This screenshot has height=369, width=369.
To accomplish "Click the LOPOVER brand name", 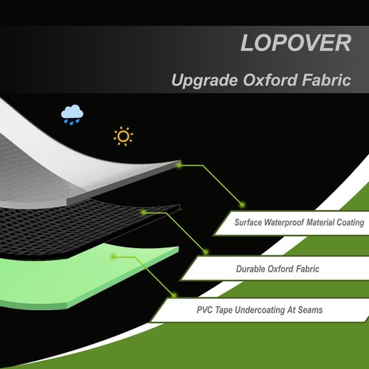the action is pos(296,43).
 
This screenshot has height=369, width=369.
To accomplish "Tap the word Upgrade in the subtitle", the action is pos(204,80).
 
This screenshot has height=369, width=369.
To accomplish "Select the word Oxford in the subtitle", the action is pos(270,80).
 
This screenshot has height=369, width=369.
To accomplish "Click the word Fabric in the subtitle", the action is pos(326,80).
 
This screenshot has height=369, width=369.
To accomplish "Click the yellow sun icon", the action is pos(123,136).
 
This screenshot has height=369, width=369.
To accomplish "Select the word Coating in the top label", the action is pos(351,223).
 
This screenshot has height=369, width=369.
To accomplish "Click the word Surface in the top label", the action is pos(248,222).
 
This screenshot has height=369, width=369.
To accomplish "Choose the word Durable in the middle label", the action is pos(251,269).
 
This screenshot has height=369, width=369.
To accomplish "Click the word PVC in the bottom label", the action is pos(204,310).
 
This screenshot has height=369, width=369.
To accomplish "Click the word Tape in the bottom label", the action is pos(224,310).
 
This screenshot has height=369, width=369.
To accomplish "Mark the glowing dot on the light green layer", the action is pos(114,257).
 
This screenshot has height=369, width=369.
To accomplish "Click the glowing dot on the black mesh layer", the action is pos(144,212).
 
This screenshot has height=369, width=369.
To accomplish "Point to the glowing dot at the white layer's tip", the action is pos(179,165).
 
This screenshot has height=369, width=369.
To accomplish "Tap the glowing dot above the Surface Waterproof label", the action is pos(242,204).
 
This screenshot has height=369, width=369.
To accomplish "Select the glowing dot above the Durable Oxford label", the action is pos(206,252).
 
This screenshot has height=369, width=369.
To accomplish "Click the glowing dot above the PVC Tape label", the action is pos(174,294).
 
